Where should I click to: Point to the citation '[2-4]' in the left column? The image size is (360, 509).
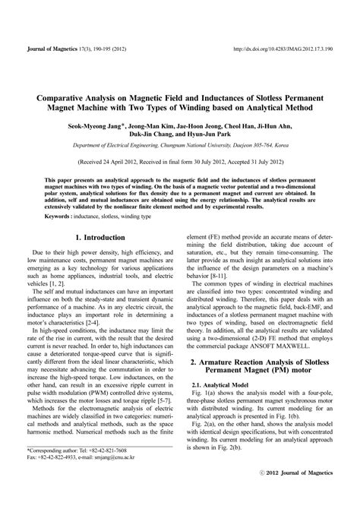150,309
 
